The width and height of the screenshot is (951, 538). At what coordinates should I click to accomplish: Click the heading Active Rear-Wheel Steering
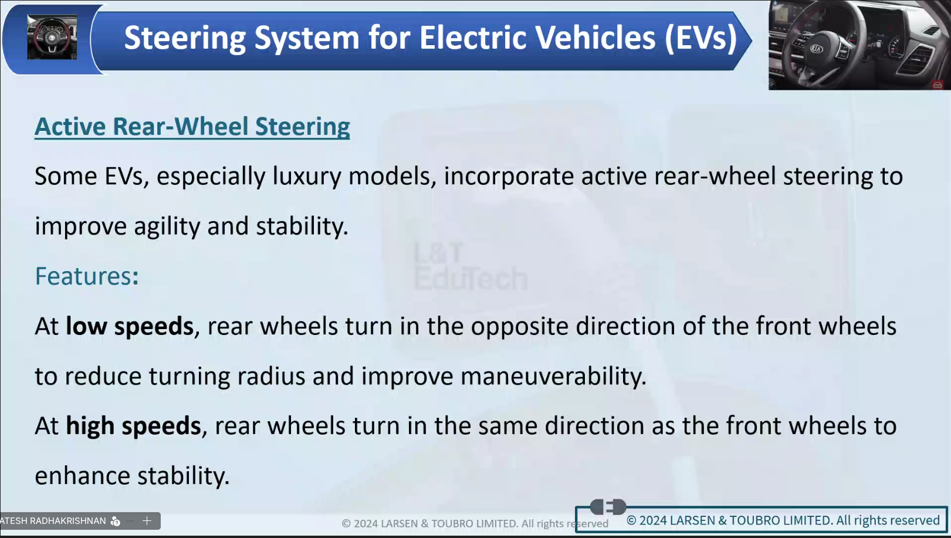pos(192,127)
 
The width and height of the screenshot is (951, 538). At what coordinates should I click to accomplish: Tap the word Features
pos(83,276)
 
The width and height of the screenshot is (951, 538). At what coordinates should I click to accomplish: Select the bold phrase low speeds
pos(130,327)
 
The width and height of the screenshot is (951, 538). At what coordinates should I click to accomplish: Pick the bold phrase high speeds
pos(133,427)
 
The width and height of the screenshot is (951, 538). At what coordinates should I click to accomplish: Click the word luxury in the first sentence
pos(306,177)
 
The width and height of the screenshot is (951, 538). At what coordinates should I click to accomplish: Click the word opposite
pos(519,327)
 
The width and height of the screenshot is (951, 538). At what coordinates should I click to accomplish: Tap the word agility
pos(167,226)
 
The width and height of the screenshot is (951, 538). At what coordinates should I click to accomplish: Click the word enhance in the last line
pos(82,476)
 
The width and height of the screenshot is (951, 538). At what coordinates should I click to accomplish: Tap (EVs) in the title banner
pos(701,38)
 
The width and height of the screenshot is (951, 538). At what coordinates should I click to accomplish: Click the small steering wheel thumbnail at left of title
pos(52,37)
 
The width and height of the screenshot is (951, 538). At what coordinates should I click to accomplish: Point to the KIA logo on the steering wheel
pos(817,49)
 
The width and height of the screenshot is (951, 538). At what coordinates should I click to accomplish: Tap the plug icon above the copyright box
pos(608,506)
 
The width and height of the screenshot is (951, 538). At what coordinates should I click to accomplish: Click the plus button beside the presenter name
pos(147,520)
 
